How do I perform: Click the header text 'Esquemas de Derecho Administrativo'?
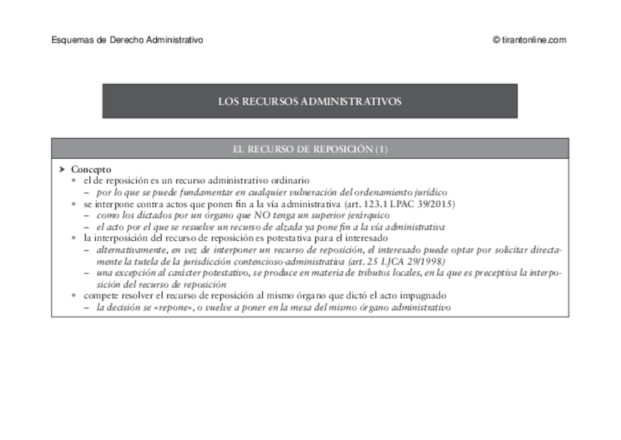(127, 40)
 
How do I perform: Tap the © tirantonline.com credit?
(529, 40)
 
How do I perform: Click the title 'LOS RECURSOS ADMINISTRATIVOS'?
(310, 102)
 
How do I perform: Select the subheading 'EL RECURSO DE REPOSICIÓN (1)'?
(310, 149)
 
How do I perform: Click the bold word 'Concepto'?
(91, 169)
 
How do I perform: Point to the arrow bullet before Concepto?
(62, 169)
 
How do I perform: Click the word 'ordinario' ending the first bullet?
(289, 180)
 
